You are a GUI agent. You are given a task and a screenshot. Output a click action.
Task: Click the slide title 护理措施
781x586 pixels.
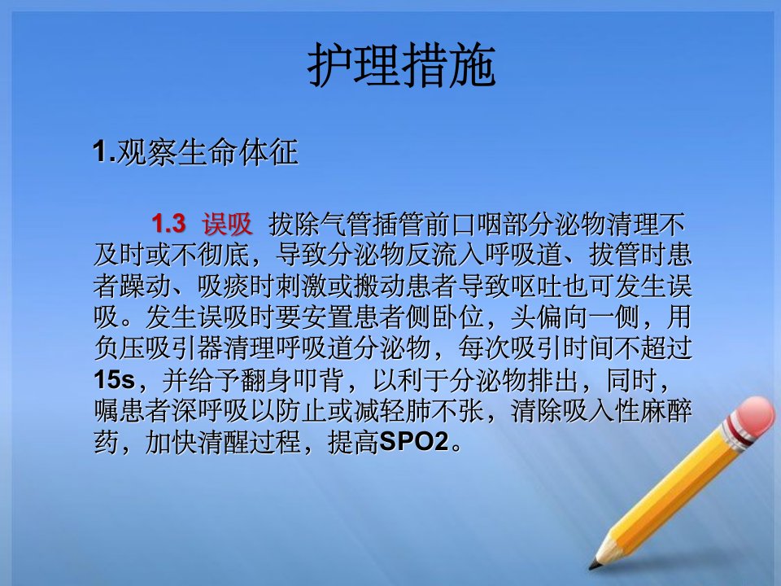pos(401,65)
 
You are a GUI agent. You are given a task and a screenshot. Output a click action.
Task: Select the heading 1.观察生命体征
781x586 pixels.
pos(195,152)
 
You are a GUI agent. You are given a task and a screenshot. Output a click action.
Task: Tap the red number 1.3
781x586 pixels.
pos(169,224)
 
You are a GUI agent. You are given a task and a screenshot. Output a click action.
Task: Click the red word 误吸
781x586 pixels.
pos(227,224)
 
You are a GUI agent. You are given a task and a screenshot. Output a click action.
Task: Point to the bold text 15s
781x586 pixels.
pos(114,380)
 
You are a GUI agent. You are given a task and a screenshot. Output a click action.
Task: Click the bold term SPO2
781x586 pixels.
pos(414,442)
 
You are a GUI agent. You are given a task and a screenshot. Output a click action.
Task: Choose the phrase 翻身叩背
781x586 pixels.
pos(292,380)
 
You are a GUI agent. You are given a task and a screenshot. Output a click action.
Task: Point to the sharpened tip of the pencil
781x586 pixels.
pos(592,566)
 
